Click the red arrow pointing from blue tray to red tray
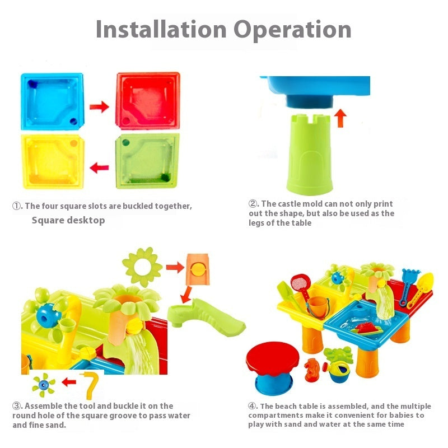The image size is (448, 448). click(99, 107)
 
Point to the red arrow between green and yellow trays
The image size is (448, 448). click(99, 166)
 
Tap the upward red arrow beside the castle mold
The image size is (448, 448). click(341, 118)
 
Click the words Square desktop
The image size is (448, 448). click(68, 220)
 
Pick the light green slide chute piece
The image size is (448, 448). click(207, 318)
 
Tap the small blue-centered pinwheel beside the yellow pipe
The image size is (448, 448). click(43, 385)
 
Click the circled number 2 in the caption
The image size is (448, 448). click(253, 204)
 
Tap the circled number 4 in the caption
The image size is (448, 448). click(253, 406)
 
